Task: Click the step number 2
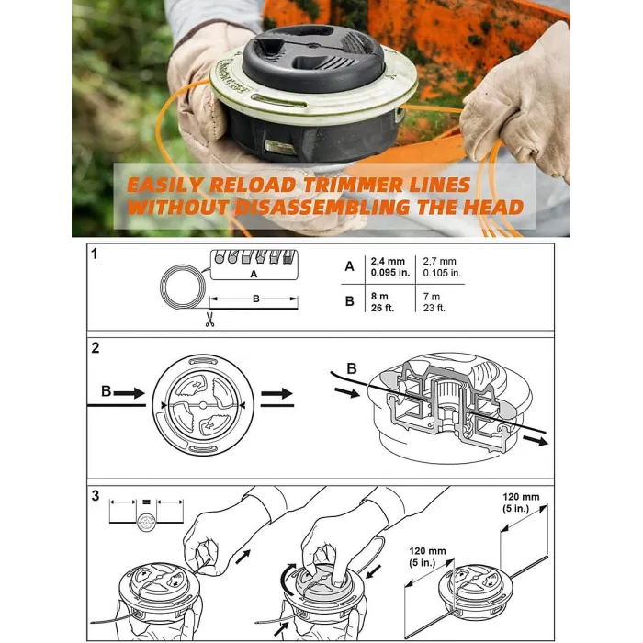[x=95, y=349]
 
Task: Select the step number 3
[x=95, y=496]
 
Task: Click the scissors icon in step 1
[x=210, y=321]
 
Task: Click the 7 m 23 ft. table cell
[x=435, y=302]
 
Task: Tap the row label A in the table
[x=348, y=266]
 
